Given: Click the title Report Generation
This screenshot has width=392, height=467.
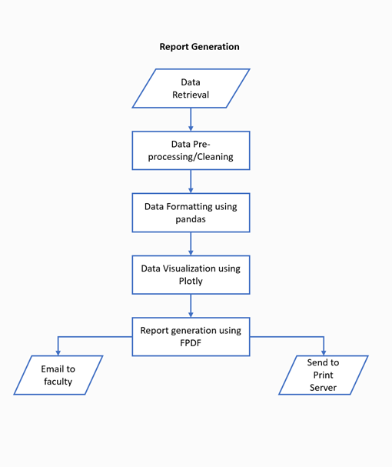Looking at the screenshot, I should (x=199, y=47).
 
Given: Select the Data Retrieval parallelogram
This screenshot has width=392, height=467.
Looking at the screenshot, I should (x=191, y=88).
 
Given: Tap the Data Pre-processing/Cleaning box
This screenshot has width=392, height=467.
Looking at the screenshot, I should (x=191, y=150).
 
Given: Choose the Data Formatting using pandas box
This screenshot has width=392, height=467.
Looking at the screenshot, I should (x=191, y=212).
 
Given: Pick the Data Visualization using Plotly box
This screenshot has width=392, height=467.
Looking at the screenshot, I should (x=191, y=275).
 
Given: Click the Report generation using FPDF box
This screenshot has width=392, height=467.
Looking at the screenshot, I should (x=191, y=336).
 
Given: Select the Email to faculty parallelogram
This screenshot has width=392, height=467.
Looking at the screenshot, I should (x=58, y=375).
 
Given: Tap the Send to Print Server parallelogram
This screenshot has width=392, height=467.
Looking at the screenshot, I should (x=324, y=375).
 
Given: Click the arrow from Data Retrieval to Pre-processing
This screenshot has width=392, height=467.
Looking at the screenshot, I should (x=191, y=119).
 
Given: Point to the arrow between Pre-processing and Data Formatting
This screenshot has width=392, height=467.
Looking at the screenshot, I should (x=191, y=181).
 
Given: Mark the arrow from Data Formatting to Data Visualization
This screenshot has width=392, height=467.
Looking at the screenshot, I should (x=191, y=243).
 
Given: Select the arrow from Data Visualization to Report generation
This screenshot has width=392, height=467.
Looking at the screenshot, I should (x=191, y=305).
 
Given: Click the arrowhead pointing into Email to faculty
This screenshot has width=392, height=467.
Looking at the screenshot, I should (x=58, y=351).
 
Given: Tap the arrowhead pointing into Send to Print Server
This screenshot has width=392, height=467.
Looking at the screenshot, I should (x=324, y=351).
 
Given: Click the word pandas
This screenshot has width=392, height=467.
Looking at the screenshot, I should (x=191, y=219).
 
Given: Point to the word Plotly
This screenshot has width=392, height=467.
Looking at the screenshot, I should (x=191, y=282).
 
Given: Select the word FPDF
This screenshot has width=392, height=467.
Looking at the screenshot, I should (x=191, y=343).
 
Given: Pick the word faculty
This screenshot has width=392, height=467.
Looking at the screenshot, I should (x=58, y=382).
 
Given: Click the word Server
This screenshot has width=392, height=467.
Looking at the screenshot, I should (x=324, y=388).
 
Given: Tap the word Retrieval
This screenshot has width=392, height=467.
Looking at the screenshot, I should (x=191, y=95).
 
